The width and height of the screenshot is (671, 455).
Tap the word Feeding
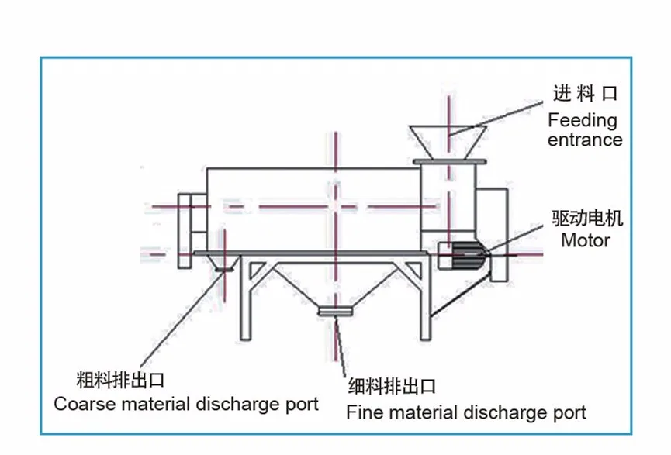click(x=583, y=121)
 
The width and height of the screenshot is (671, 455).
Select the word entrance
click(x=585, y=140)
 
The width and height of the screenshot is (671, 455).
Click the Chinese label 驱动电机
click(x=587, y=219)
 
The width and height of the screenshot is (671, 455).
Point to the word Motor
click(x=586, y=240)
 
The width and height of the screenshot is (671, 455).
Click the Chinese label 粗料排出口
click(x=120, y=381)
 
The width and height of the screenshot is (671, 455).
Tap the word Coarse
click(x=81, y=404)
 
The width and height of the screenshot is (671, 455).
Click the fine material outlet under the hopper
click(x=336, y=312)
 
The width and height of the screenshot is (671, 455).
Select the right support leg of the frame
click(x=424, y=298)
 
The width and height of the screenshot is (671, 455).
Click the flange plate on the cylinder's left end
click(x=185, y=230)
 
